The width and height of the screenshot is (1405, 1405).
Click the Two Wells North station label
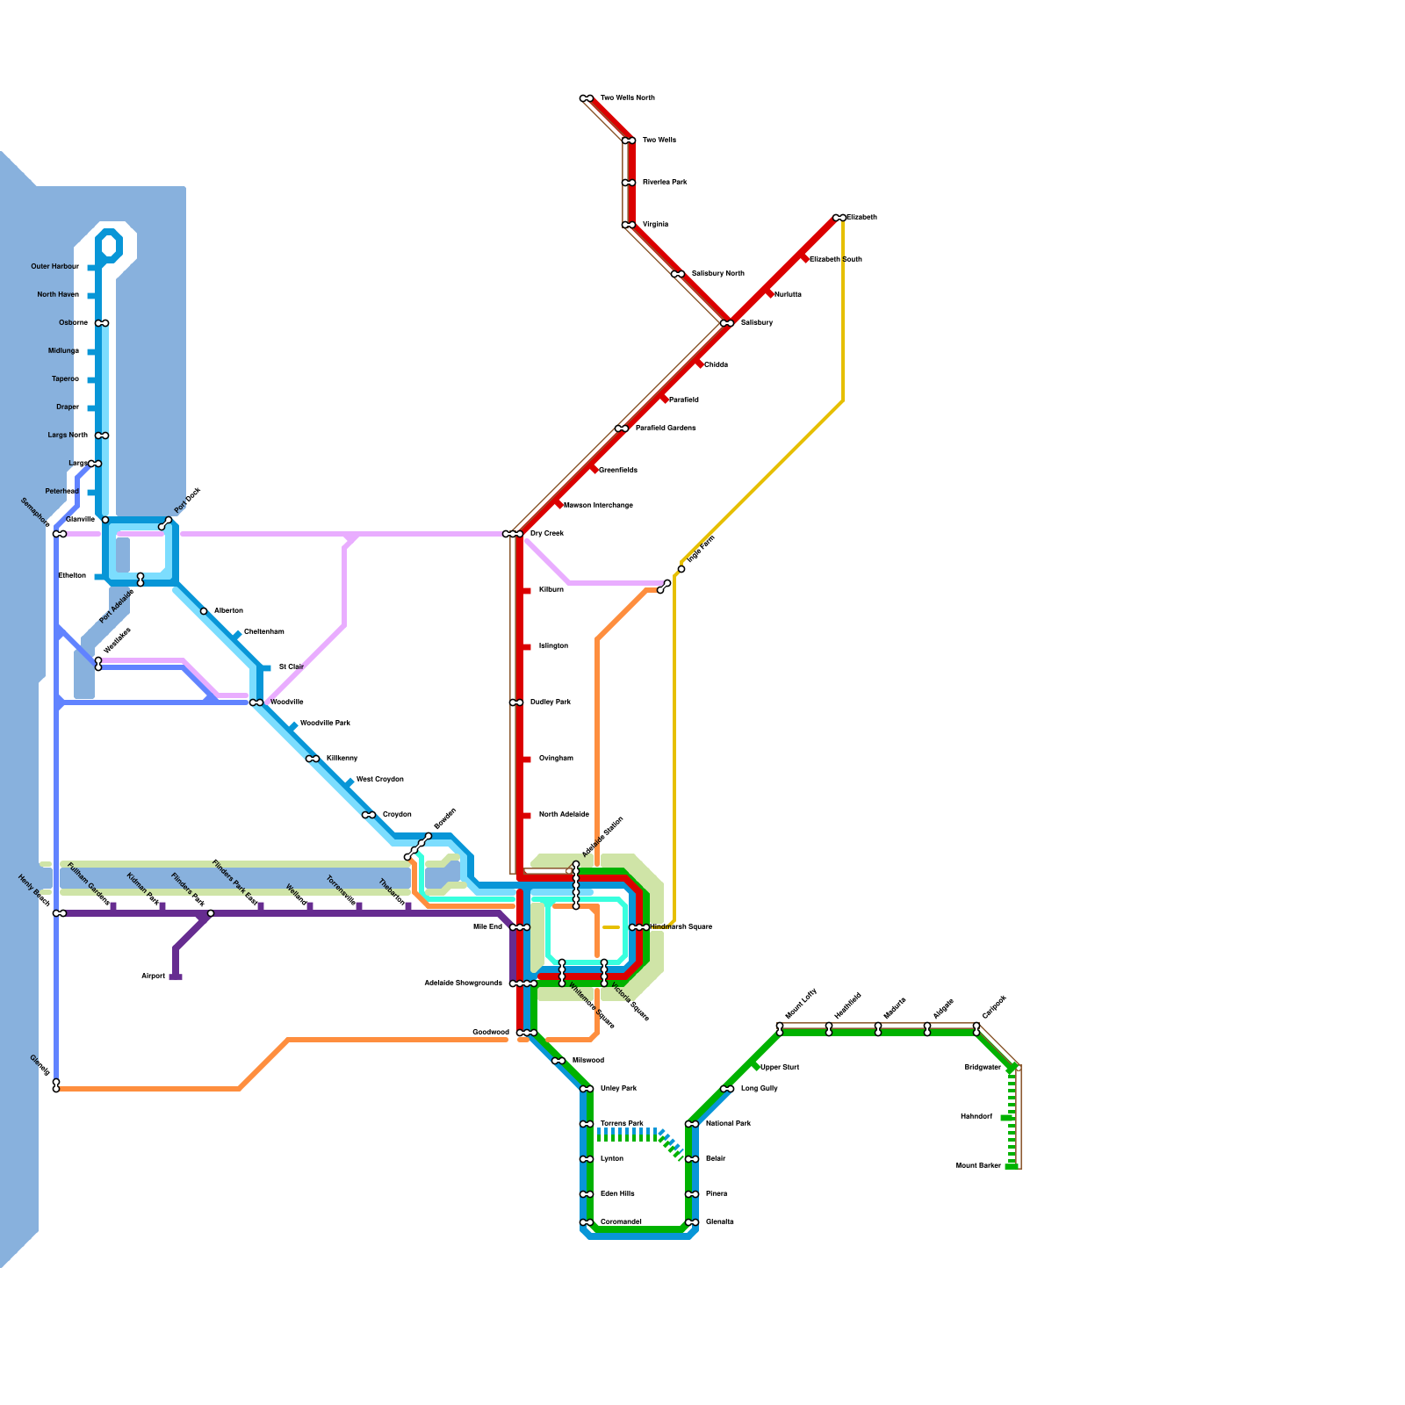pos(627,98)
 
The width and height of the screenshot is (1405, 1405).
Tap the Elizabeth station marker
pos(839,218)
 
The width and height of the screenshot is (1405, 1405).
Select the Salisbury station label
pos(756,323)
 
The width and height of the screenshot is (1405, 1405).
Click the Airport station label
pos(153,976)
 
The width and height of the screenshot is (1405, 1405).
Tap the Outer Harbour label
pos(54,267)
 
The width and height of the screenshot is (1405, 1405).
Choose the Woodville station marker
pos(256,702)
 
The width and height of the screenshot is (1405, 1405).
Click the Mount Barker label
pos(978,1166)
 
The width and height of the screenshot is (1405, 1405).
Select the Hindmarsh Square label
pos(681,927)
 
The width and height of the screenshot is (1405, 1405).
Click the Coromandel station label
pos(621,1222)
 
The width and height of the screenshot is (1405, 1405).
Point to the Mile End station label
pos(487,927)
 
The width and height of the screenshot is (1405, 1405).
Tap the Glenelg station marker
pos(56,1086)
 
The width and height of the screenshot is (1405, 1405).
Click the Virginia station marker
pos(629,225)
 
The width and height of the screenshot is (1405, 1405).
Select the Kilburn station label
pos(551,590)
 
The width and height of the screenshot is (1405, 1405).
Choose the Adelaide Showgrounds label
pos(463,983)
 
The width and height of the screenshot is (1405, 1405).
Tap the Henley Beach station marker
pos(59,913)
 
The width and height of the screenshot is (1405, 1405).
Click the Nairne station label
pos(894,1009)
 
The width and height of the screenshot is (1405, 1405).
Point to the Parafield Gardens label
pos(665,429)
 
